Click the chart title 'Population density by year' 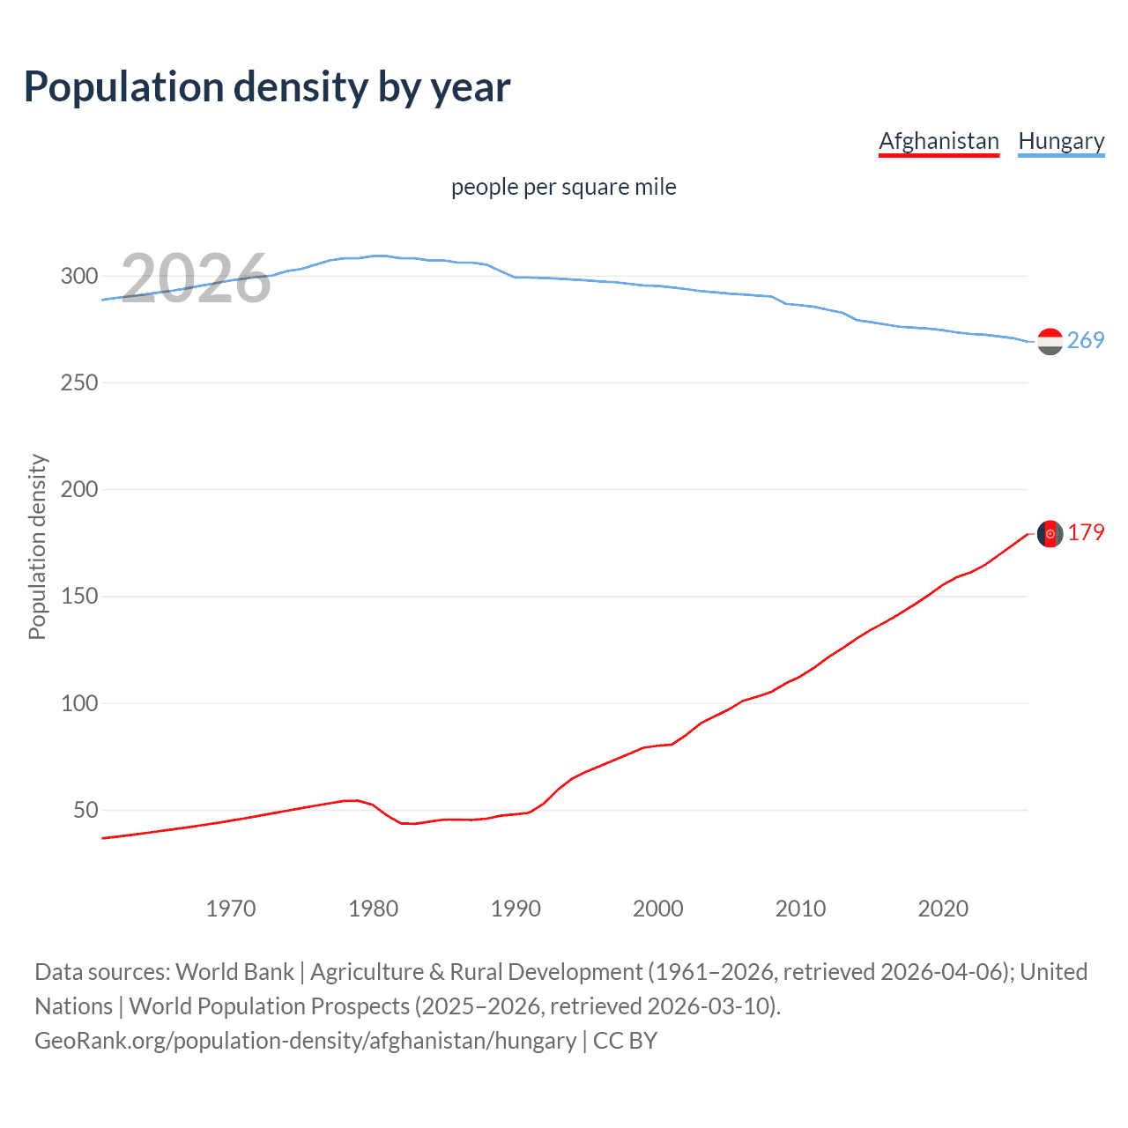click(x=267, y=87)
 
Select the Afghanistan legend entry click(x=939, y=141)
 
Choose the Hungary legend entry click(x=1061, y=141)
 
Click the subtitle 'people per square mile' click(x=563, y=188)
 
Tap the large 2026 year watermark click(x=196, y=278)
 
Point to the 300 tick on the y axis click(x=79, y=276)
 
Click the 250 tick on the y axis click(x=79, y=382)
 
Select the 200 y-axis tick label click(x=79, y=489)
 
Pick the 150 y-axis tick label click(x=79, y=597)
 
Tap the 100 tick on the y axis click(x=79, y=703)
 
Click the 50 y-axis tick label click(x=85, y=810)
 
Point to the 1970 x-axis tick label click(x=231, y=909)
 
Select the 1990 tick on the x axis click(x=516, y=909)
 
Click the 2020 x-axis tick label click(x=943, y=909)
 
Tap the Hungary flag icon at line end click(x=1050, y=341)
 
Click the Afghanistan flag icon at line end click(x=1050, y=534)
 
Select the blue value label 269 click(x=1086, y=340)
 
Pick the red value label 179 click(x=1086, y=533)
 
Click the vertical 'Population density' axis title click(x=37, y=546)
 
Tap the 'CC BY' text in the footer click(x=625, y=1041)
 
